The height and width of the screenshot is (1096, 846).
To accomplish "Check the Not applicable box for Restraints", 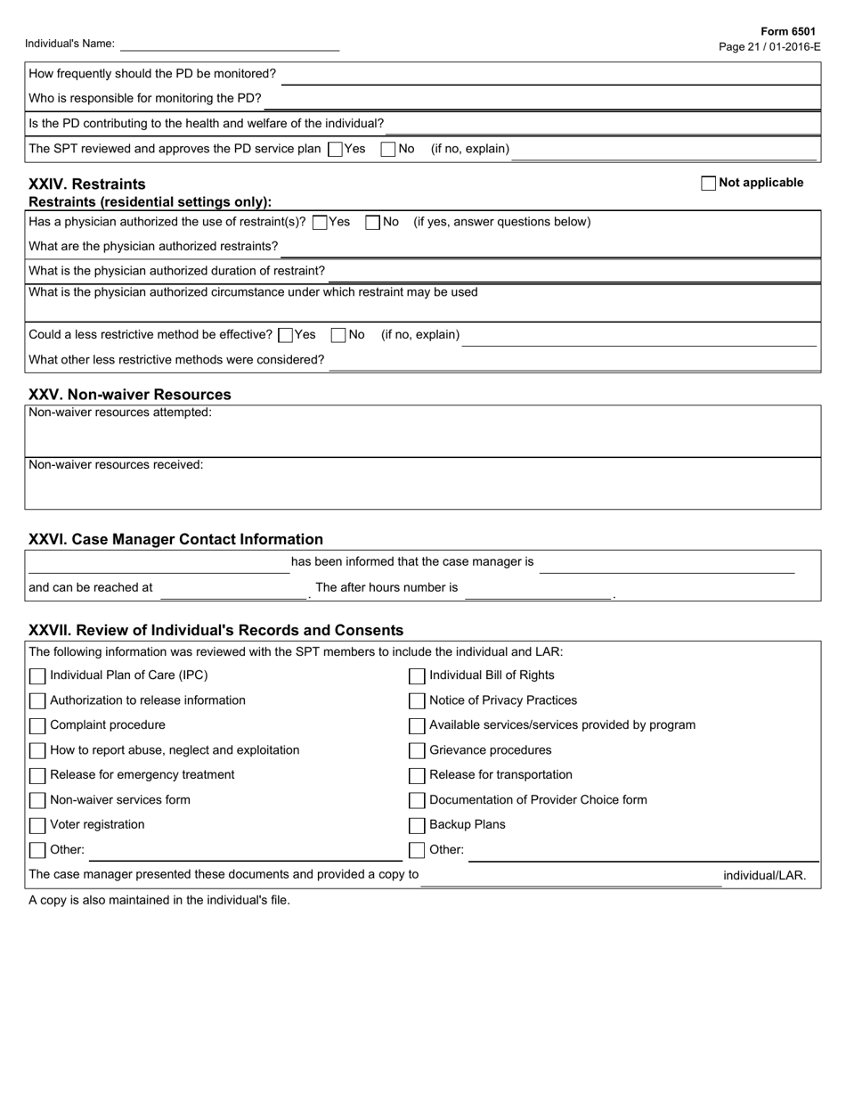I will click(x=709, y=184).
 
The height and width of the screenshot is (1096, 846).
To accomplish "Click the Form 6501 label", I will click(x=788, y=31).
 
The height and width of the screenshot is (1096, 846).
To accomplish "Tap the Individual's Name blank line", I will click(x=230, y=45).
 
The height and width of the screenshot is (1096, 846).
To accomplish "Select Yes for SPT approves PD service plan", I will click(x=336, y=150).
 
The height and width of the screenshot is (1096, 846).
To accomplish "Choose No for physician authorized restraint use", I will click(x=373, y=223).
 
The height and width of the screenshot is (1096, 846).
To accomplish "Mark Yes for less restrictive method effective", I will click(x=286, y=335).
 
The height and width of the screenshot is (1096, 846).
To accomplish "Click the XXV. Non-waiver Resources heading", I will click(x=130, y=395).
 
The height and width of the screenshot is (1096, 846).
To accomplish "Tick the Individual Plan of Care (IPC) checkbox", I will click(x=37, y=676).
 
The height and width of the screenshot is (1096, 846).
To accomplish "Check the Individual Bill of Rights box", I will click(x=417, y=676).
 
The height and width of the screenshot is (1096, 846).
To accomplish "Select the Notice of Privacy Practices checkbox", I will click(x=417, y=701).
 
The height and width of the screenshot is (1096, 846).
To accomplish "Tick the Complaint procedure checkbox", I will click(x=37, y=726).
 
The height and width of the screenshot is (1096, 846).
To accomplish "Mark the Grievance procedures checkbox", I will click(x=417, y=751).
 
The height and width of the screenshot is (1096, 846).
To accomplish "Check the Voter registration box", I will click(x=37, y=826).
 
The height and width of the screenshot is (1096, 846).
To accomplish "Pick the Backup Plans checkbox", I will click(x=417, y=826).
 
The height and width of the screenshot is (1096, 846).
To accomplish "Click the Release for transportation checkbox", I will click(x=417, y=776).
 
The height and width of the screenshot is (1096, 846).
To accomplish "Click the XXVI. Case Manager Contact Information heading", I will click(x=176, y=539).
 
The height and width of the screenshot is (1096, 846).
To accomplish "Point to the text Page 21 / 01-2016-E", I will click(x=769, y=46).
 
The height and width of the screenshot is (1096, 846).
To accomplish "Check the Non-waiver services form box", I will click(x=37, y=801).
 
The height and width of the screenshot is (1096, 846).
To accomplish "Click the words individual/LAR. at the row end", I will click(x=764, y=876).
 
